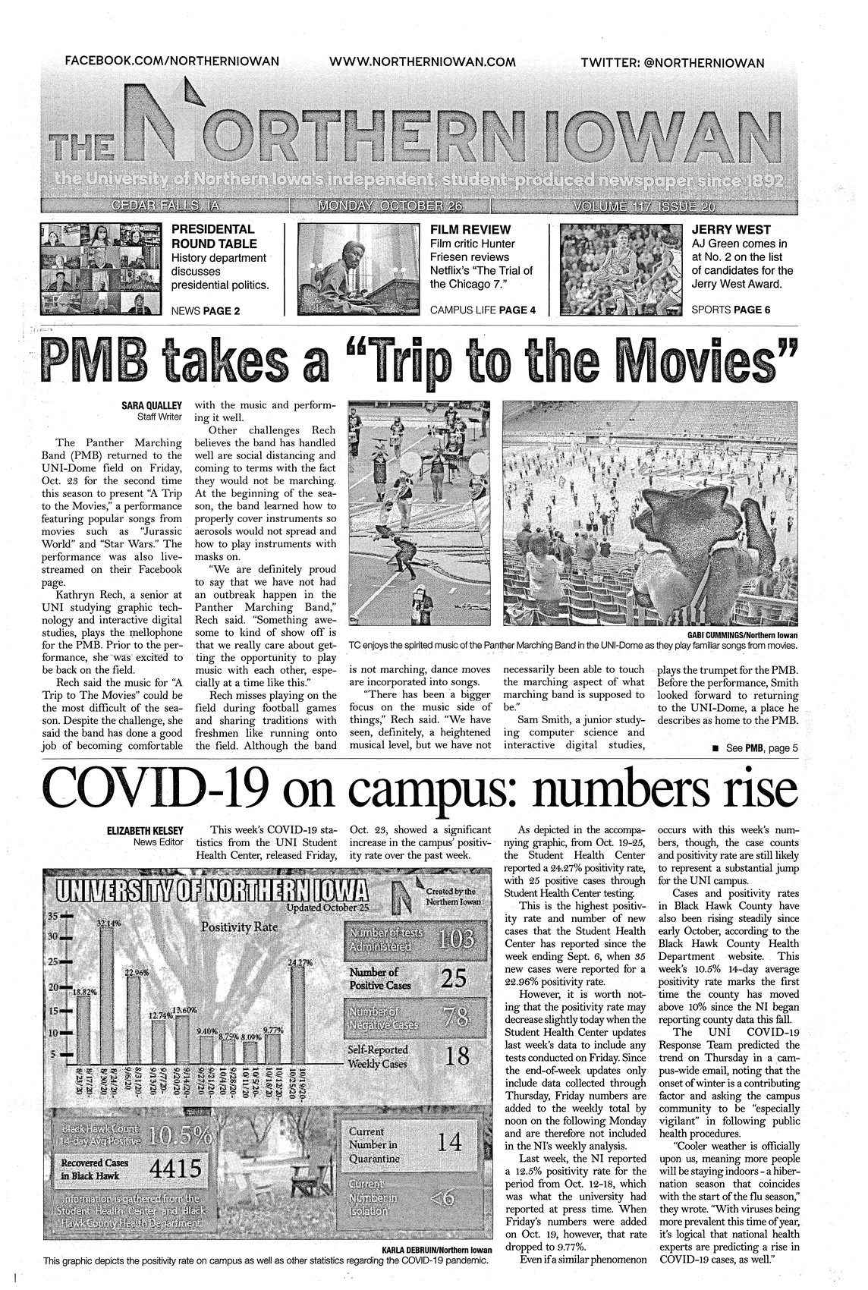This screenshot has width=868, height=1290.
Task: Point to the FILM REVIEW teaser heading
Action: tap(470, 229)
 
